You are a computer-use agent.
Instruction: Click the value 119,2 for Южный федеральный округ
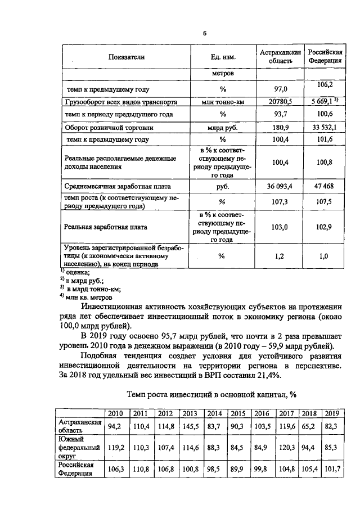[x=115, y=448]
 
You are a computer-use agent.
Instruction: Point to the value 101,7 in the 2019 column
[x=332, y=469]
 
